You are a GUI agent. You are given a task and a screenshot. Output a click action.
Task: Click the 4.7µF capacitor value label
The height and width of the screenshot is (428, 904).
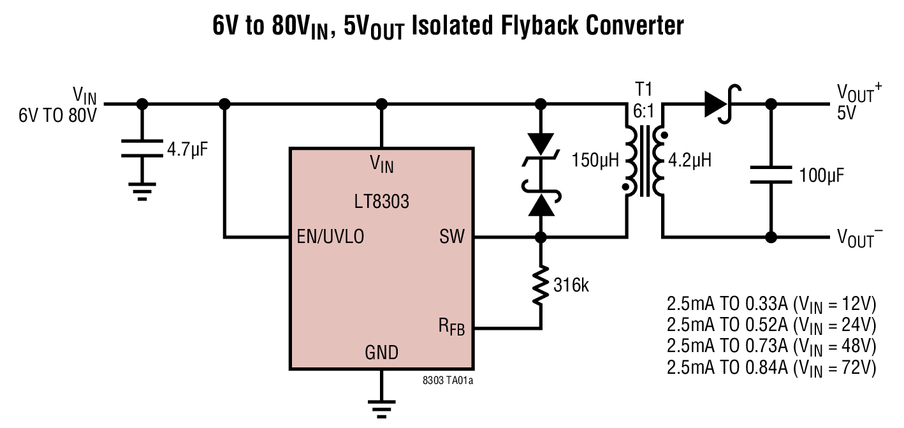click(x=187, y=151)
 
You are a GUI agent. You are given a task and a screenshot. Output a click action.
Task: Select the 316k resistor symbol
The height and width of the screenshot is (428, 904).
click(x=541, y=284)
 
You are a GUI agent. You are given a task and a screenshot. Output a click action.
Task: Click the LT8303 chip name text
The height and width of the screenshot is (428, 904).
click(x=381, y=202)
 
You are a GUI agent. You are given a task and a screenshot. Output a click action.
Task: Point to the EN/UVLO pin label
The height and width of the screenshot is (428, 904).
click(x=330, y=237)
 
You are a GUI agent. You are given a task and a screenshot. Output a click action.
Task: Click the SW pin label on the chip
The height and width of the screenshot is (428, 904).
click(x=451, y=237)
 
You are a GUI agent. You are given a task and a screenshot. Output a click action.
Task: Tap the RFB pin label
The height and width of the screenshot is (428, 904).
click(x=451, y=328)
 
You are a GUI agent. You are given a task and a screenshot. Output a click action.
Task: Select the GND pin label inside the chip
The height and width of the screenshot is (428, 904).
click(x=381, y=352)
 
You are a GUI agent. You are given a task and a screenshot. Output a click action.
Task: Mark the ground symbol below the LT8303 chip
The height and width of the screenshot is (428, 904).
click(x=381, y=408)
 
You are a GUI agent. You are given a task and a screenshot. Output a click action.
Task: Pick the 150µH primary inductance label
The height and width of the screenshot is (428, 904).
click(x=595, y=159)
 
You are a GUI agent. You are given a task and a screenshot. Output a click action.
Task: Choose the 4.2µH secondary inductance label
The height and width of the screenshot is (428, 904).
click(x=689, y=159)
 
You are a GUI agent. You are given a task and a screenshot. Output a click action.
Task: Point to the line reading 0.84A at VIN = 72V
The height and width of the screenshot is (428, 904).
click(x=771, y=367)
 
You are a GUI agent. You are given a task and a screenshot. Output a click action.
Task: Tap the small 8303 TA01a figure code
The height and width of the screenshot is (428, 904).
click(x=448, y=381)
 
